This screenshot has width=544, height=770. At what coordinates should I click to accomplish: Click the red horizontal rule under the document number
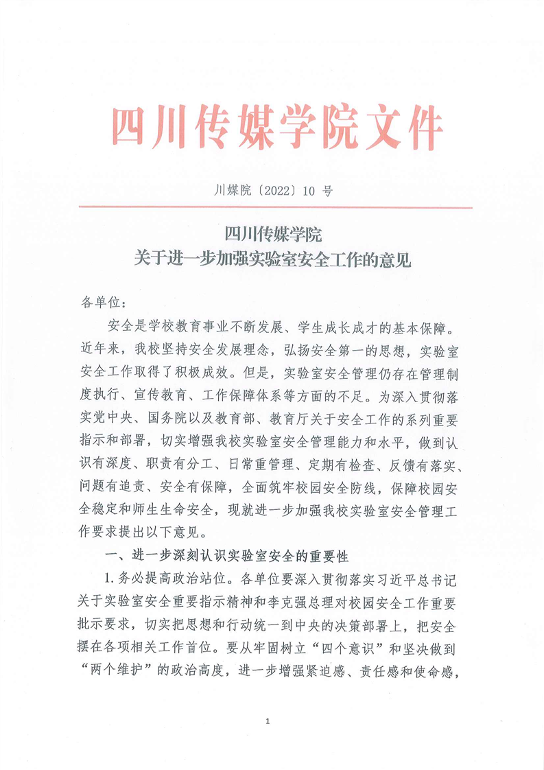click(274, 207)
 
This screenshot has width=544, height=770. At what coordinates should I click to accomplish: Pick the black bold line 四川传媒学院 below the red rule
click(272, 235)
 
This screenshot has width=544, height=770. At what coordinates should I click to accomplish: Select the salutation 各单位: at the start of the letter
click(100, 302)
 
